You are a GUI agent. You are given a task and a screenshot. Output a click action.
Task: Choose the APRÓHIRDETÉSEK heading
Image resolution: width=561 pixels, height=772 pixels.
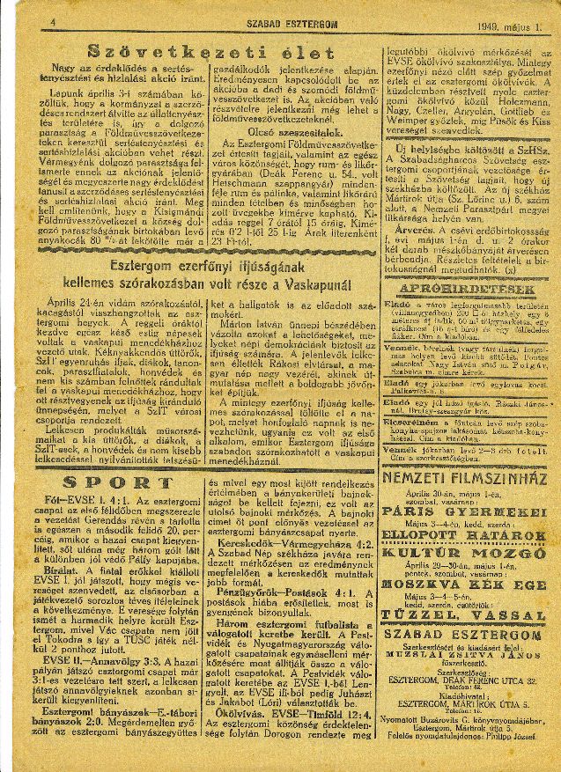click(x=466, y=289)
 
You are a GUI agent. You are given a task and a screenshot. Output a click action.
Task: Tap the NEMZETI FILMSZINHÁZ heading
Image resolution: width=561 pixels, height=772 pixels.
click(x=467, y=482)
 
